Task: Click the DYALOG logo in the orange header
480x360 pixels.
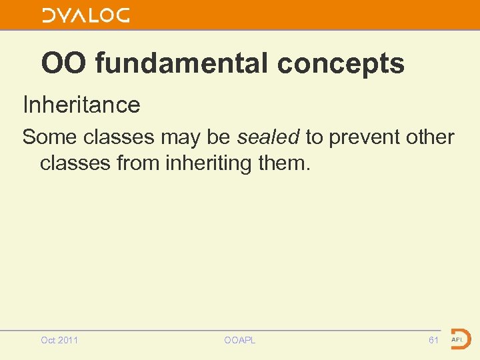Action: [86, 15]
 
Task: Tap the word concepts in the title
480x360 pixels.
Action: [341, 64]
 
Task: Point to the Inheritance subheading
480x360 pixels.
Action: [81, 105]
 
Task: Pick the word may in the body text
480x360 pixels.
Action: [182, 137]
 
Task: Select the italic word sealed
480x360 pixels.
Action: [268, 137]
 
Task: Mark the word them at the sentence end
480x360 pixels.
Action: [288, 163]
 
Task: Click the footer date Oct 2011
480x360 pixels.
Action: [59, 340]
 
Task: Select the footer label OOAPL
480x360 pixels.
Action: [240, 340]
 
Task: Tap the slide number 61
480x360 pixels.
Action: [433, 340]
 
